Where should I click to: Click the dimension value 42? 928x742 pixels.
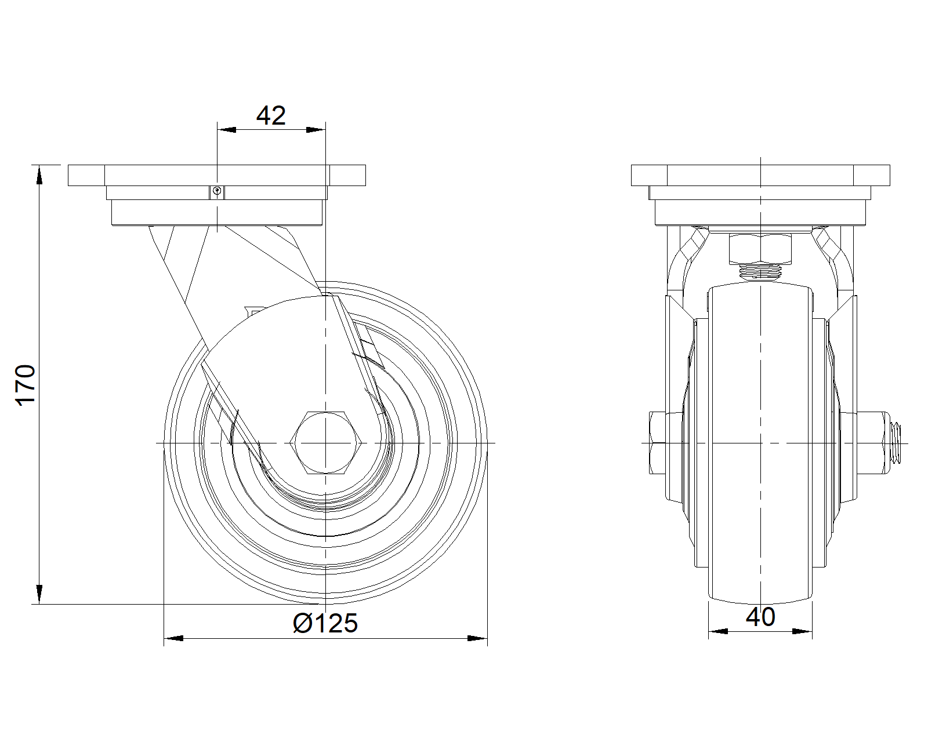coord(271,115)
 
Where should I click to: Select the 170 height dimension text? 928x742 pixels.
coord(26,385)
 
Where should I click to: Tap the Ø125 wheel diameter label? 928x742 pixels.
coord(325,623)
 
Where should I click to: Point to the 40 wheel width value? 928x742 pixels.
coord(760,617)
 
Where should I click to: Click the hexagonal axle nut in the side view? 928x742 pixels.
coord(326,443)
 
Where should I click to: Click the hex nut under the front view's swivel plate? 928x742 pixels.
coord(760,249)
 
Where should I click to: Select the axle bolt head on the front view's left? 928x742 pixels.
coord(657,443)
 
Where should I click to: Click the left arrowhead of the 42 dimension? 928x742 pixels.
coord(226,129)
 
